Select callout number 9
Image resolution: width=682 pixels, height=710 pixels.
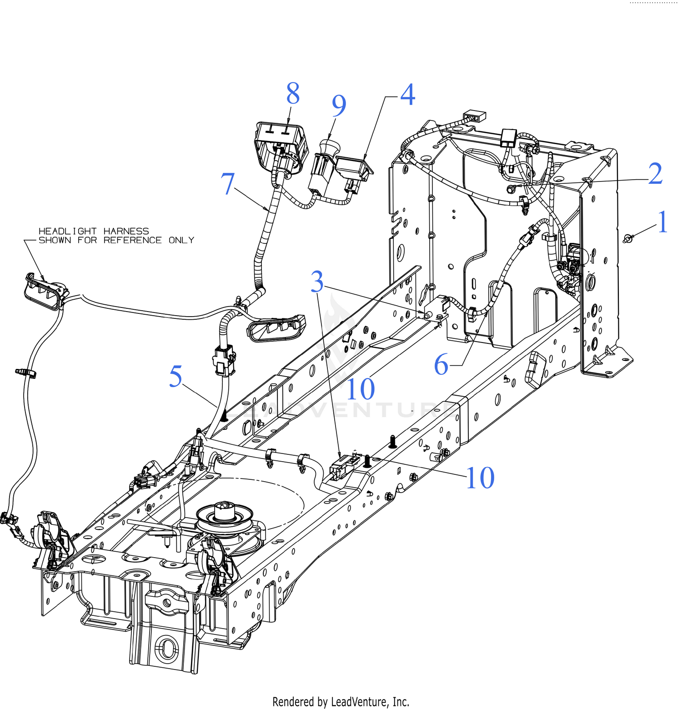pyautogui.click(x=339, y=106)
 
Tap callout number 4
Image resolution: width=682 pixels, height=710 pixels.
pyautogui.click(x=407, y=96)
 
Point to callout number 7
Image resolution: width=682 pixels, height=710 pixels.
pyautogui.click(x=228, y=184)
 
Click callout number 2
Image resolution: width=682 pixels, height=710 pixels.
pyautogui.click(x=655, y=174)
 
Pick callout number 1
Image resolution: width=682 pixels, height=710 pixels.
pyautogui.click(x=662, y=222)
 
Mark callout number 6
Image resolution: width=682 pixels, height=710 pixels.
pyautogui.click(x=441, y=365)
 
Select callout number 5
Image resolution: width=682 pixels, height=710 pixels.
pyautogui.click(x=176, y=377)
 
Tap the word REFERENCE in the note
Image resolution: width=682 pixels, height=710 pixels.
pyautogui.click(x=132, y=240)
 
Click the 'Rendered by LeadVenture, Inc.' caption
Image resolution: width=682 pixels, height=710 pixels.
pyautogui.click(x=341, y=702)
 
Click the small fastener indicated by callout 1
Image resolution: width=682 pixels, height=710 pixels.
pyautogui.click(x=627, y=238)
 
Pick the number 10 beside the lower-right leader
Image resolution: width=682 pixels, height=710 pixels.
pyautogui.click(x=480, y=478)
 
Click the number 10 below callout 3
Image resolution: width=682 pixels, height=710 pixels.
pyautogui.click(x=361, y=389)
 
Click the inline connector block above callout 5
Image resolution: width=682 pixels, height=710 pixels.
pyautogui.click(x=224, y=361)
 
